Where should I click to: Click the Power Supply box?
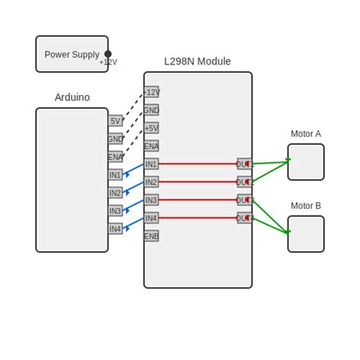71,54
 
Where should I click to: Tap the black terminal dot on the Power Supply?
108,54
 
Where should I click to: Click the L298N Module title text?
197,62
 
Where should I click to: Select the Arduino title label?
72,97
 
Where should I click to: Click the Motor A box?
305,162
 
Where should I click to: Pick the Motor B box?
305,234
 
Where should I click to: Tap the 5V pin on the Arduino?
115,121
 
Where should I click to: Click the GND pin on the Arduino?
115,139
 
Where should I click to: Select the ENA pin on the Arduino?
115,157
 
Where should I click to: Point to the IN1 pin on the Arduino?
115,175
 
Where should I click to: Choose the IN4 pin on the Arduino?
115,229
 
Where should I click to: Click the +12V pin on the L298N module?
151,93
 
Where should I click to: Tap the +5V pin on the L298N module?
151,128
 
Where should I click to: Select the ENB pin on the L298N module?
151,236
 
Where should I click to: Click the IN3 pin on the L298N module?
151,201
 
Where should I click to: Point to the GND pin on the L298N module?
151,110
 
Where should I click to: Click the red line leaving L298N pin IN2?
197,182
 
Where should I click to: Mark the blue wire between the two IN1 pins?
134,169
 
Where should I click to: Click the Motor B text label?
305,206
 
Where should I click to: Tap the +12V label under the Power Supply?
108,63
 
